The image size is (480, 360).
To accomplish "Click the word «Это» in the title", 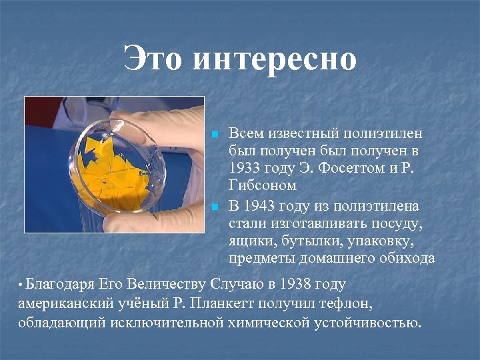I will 153,59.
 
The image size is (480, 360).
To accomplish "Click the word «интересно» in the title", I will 274,59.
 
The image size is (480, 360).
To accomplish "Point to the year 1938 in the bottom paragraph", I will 295,285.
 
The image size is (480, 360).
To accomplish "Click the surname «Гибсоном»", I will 263,185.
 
